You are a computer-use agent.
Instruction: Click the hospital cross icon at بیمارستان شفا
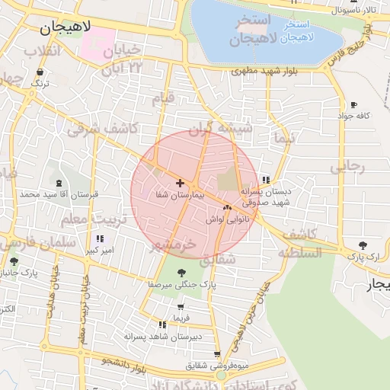(180, 183)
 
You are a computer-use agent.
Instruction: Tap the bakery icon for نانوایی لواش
(227, 206)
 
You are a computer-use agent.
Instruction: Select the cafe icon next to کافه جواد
(353, 104)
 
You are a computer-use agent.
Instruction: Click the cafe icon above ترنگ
(39, 72)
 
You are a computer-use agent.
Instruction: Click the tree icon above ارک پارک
(363, 245)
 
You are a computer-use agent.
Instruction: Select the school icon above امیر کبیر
(100, 238)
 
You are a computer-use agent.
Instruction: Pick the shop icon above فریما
(181, 305)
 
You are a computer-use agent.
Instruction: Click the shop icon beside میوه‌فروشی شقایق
(218, 354)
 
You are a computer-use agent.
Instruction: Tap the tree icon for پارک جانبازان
(13, 260)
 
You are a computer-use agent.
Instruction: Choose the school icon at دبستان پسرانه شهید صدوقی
(265, 181)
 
